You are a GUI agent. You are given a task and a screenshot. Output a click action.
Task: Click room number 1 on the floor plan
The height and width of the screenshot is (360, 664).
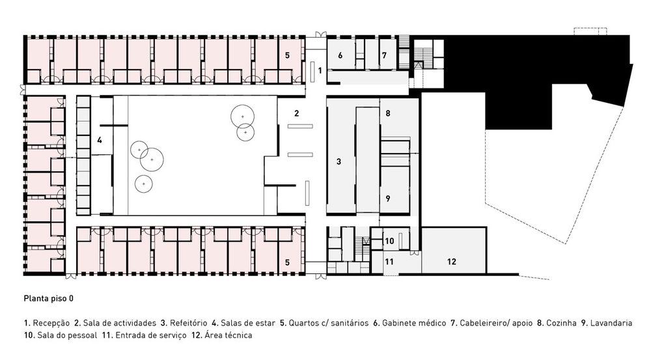pyautogui.click(x=320, y=70)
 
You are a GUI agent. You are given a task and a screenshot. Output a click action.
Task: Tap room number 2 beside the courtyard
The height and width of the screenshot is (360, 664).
pyautogui.click(x=297, y=113)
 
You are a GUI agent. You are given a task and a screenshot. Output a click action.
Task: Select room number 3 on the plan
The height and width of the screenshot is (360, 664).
pyautogui.click(x=339, y=161)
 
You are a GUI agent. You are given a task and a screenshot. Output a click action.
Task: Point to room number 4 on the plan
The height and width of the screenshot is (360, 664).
pyautogui.click(x=100, y=140)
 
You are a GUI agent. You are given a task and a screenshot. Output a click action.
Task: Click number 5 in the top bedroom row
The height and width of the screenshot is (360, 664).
pyautogui.click(x=287, y=55)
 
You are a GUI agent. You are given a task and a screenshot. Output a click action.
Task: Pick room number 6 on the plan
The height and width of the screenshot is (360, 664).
pyautogui.click(x=340, y=55)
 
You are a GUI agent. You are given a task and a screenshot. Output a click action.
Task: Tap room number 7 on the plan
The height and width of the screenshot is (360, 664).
pyautogui.click(x=384, y=55)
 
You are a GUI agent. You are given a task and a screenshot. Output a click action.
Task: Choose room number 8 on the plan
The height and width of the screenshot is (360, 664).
pyautogui.click(x=388, y=113)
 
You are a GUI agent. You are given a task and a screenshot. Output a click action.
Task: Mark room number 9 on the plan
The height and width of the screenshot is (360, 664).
pyautogui.click(x=388, y=199)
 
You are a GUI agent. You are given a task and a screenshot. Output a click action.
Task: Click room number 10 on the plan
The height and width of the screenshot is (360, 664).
pyautogui.click(x=389, y=241)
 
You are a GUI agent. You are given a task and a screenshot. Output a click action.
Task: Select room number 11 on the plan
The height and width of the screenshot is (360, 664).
pyautogui.click(x=389, y=262)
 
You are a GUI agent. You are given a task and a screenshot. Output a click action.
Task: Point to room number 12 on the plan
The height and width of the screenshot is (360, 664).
pyautogui.click(x=451, y=262)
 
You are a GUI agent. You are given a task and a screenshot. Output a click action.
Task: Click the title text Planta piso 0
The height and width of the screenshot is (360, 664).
pyautogui.click(x=48, y=299)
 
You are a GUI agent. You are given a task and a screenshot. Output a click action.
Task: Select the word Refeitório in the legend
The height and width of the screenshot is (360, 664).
pyautogui.click(x=188, y=323)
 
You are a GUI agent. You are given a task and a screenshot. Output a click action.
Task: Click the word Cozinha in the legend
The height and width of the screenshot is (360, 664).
pyautogui.click(x=561, y=323)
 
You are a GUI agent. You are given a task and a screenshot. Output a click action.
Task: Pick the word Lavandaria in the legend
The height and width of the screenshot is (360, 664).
pyautogui.click(x=611, y=323)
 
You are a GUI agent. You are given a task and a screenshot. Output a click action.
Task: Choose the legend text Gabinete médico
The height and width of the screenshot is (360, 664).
pyautogui.click(x=414, y=323)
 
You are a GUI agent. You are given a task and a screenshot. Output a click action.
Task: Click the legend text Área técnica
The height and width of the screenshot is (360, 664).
pyautogui.click(x=228, y=335)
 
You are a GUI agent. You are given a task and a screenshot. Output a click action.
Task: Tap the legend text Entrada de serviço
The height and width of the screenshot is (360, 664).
pyautogui.click(x=151, y=335)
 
